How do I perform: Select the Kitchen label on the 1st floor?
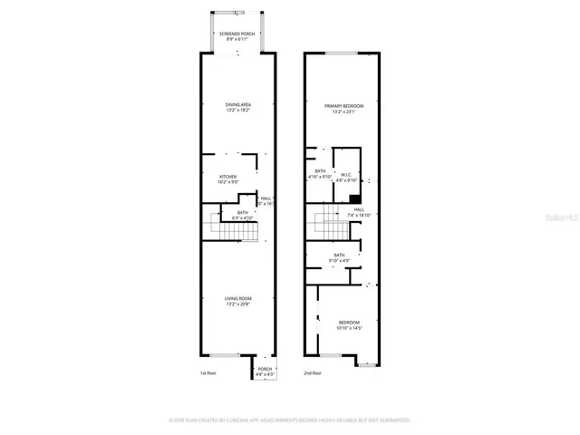[227, 179]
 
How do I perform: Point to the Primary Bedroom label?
[341, 108]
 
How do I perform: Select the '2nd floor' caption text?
[314, 373]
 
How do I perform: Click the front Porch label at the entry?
[265, 372]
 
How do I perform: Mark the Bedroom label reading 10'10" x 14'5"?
[349, 325]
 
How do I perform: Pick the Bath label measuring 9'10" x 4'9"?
[339, 258]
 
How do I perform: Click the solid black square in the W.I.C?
[355, 199]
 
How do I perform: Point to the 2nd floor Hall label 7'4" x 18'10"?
[359, 213]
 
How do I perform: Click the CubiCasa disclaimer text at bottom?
[290, 420]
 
